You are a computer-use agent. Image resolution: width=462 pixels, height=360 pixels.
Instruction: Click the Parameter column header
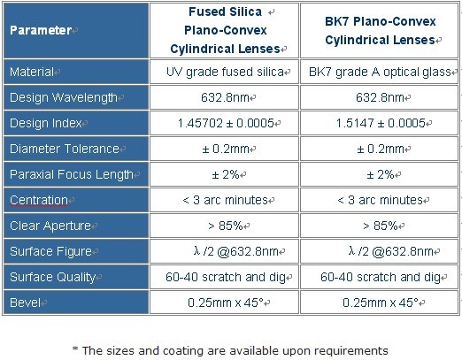click(x=41, y=30)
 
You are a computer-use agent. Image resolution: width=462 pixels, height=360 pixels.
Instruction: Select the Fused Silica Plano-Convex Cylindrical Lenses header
click(x=225, y=30)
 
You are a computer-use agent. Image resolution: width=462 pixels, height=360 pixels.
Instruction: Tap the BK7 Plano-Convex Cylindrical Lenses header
click(x=380, y=30)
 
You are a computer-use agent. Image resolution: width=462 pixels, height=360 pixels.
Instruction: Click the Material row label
click(x=32, y=72)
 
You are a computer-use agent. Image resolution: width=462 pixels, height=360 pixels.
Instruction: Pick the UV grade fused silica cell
click(x=225, y=72)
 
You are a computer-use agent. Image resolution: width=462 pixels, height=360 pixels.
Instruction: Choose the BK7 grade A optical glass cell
click(x=380, y=72)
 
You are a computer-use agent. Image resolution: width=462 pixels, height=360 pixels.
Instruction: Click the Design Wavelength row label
click(x=64, y=97)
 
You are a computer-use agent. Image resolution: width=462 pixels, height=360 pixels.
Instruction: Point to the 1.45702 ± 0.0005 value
click(x=226, y=123)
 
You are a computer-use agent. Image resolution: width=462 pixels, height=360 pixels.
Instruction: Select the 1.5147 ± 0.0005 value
click(x=381, y=123)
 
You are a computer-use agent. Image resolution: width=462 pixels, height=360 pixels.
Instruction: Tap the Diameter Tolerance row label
click(x=65, y=149)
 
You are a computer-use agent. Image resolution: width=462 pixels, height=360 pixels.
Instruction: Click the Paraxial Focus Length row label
click(x=72, y=174)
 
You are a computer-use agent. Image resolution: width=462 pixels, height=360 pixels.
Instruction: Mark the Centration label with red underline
click(x=39, y=200)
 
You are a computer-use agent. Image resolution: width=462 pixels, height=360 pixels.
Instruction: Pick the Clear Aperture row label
click(x=50, y=226)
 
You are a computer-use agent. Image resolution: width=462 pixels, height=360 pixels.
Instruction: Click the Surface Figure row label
click(x=50, y=251)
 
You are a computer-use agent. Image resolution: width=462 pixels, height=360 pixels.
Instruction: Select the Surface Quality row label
click(x=52, y=277)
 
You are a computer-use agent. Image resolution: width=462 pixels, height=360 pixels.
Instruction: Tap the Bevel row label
click(x=25, y=303)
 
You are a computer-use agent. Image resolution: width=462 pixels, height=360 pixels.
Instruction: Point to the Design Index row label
click(x=45, y=123)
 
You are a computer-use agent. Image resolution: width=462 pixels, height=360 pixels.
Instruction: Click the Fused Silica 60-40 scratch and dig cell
click(x=226, y=277)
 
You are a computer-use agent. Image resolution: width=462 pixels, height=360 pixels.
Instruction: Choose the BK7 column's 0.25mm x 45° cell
click(x=381, y=303)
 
